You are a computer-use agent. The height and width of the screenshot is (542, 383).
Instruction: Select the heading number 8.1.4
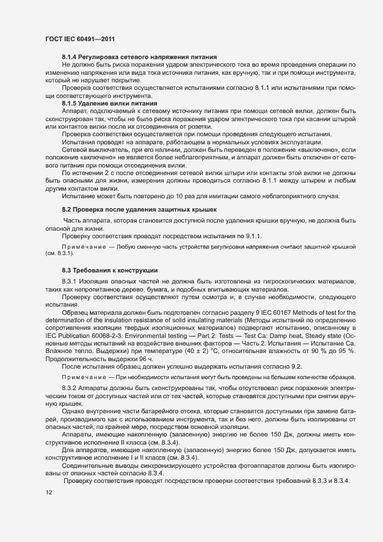[x=71, y=57]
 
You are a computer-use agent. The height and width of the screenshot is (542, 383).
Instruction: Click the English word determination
[x=67, y=322]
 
